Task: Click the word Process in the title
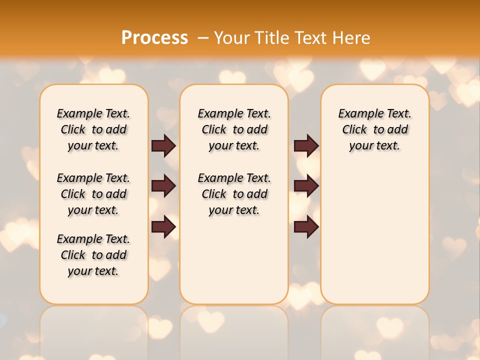coord(154,37)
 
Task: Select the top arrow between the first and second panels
coord(163,145)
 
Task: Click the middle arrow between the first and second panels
coord(163,186)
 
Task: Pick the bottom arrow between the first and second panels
coord(163,226)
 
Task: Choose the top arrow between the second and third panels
coord(306,145)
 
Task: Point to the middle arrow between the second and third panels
coord(306,186)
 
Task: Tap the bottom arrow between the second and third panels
coord(306,226)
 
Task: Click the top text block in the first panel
coord(93,129)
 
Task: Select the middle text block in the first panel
coord(93,194)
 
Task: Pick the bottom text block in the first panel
coord(93,255)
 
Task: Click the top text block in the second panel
coord(234,129)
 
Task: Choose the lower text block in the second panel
coord(234,194)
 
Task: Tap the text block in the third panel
coord(374,129)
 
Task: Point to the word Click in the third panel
coord(354,130)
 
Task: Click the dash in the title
coord(203,37)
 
